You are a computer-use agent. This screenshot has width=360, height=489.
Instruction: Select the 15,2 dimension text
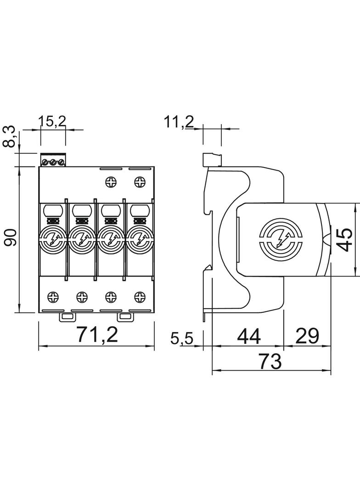tap(52, 121)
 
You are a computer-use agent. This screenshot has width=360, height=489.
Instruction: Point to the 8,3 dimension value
tap(10, 137)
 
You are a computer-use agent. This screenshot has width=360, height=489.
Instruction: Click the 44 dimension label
tap(248, 337)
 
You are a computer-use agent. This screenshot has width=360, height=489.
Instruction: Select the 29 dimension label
tap(307, 337)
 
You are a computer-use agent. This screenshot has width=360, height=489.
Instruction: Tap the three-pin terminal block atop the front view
tap(53, 161)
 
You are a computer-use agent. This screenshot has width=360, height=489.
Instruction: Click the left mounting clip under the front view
tap(67, 316)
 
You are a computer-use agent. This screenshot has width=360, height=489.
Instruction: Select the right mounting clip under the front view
tap(124, 316)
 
